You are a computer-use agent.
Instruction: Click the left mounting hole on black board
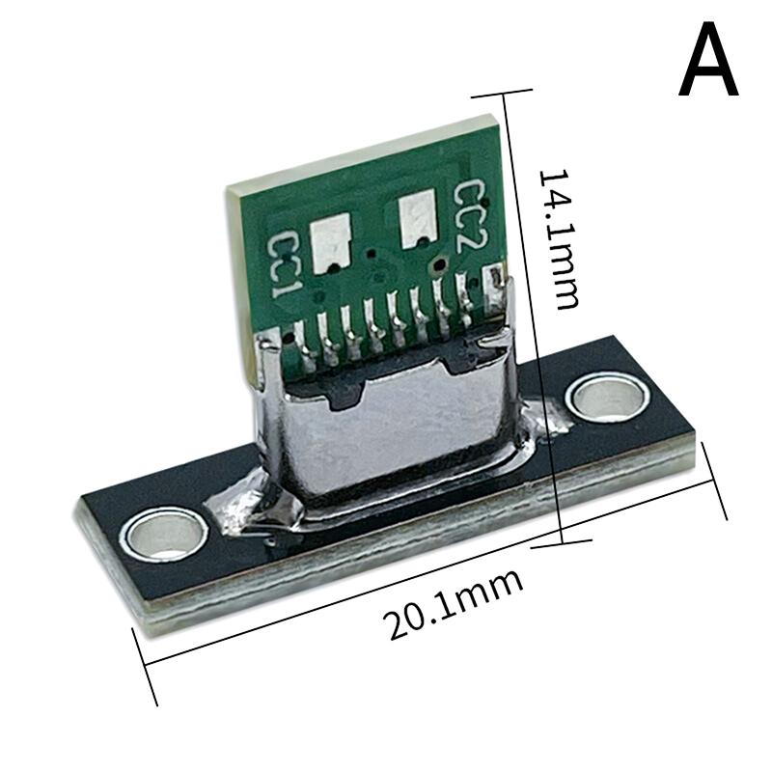click(162, 533)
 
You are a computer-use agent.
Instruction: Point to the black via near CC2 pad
click(440, 263)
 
